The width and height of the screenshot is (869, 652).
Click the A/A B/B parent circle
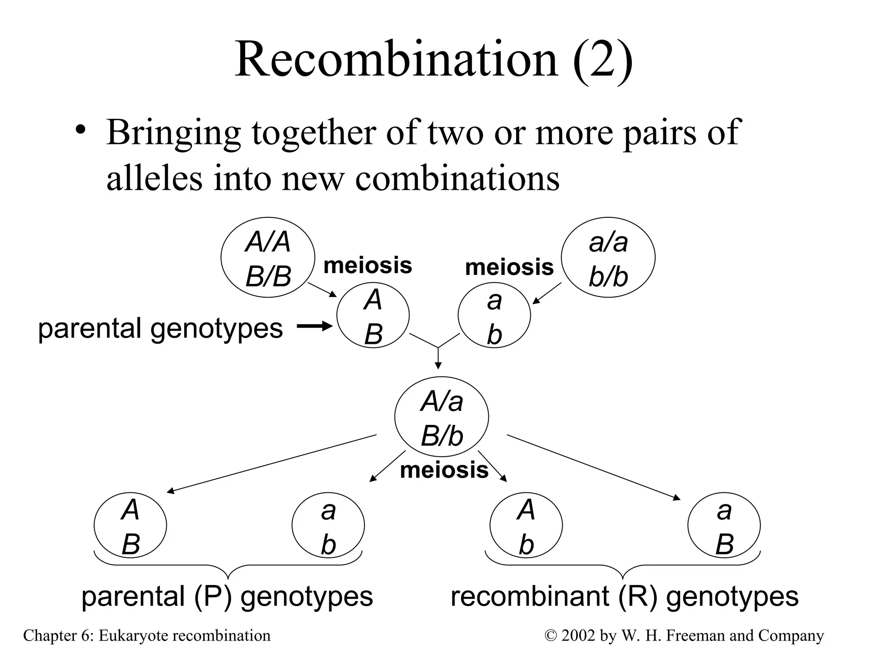tap(268, 258)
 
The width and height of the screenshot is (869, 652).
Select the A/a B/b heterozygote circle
tap(441, 418)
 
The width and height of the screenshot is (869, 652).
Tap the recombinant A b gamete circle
tap(526, 526)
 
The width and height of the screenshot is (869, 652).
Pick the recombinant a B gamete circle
tap(724, 526)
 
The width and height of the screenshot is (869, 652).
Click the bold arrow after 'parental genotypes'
tap(314, 326)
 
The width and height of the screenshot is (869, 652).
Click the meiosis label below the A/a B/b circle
tap(444, 470)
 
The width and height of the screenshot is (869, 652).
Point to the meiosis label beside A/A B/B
tap(367, 266)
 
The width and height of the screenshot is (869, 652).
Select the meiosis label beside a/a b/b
tap(509, 267)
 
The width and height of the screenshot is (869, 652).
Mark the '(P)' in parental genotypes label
tap(213, 596)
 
